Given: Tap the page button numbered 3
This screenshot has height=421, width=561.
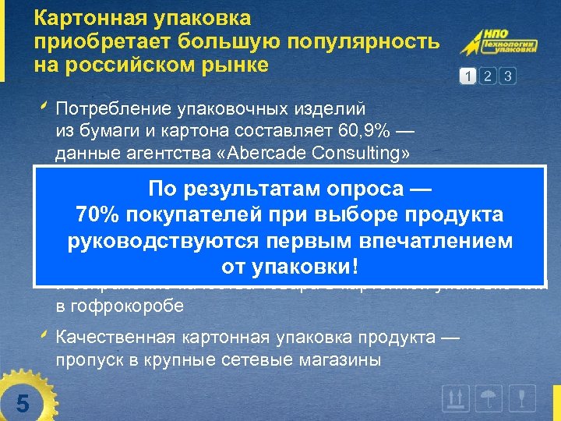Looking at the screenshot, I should point(507,76).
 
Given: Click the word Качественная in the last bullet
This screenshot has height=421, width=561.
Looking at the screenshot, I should point(117,338).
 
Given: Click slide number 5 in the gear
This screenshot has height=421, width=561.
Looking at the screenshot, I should point(23,404).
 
